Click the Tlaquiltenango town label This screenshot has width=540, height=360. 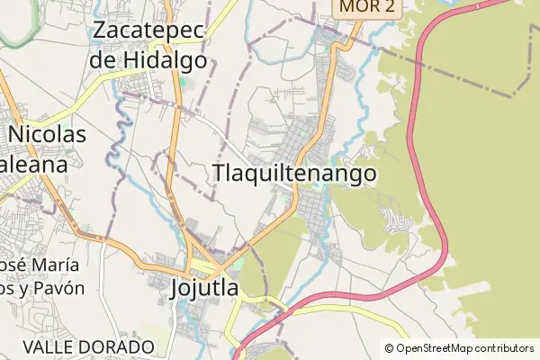coord(294,174)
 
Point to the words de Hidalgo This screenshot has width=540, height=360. coord(148,61)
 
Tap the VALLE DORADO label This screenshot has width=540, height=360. coord(89,346)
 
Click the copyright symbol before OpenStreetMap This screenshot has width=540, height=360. coord(390,348)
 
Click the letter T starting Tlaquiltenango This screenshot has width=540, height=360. coord(219,174)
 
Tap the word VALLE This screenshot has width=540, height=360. coord(48,346)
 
